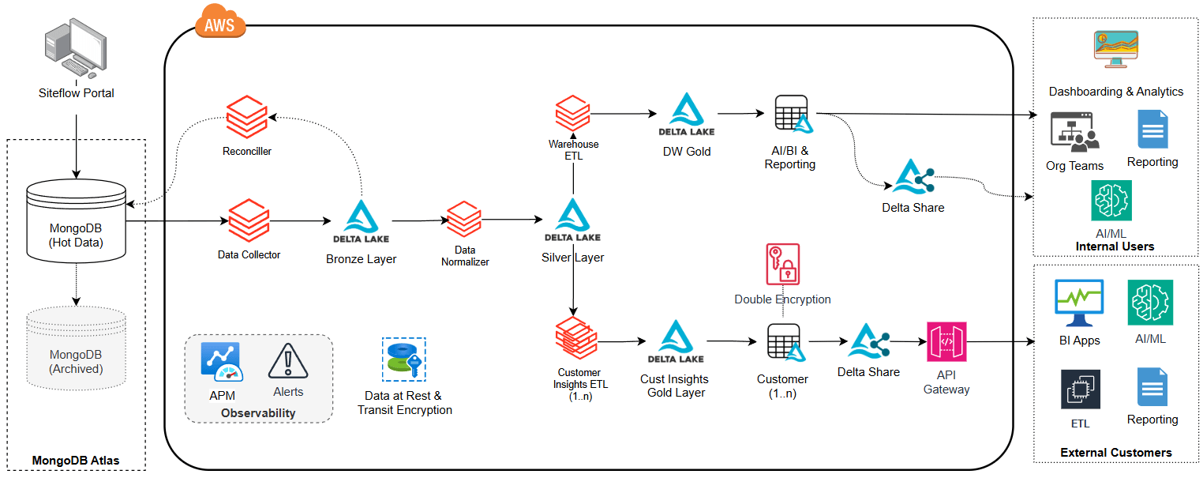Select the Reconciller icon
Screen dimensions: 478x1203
(247, 117)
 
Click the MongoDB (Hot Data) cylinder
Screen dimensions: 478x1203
(76, 220)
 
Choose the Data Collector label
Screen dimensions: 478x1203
(249, 254)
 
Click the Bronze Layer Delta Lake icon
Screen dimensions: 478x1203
(361, 222)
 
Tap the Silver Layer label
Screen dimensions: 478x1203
(572, 258)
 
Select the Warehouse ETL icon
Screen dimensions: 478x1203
(573, 115)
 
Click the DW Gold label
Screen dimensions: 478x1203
(687, 151)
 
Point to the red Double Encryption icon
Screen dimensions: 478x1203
(782, 264)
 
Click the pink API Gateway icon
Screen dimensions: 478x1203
(946, 342)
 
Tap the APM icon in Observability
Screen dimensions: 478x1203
(222, 363)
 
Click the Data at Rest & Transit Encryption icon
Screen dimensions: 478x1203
(404, 359)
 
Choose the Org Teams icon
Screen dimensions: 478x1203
(1074, 132)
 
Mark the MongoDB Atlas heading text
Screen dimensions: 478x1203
(76, 461)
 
